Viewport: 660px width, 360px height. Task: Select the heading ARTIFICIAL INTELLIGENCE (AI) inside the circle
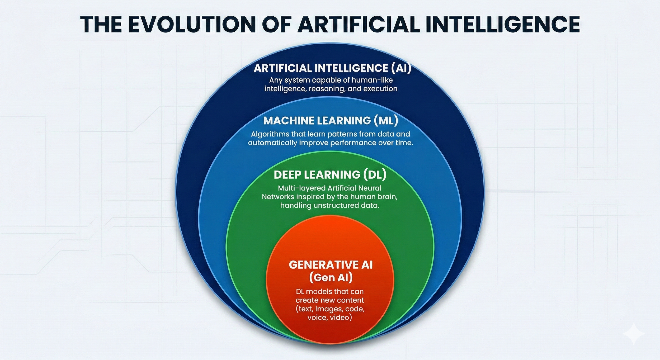[x=332, y=68]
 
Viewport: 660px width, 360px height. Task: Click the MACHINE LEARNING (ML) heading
[x=331, y=120]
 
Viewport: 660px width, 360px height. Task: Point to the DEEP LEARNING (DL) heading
[x=330, y=174]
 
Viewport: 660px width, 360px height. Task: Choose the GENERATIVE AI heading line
[x=331, y=265]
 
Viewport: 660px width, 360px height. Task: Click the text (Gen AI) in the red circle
[x=331, y=277]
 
